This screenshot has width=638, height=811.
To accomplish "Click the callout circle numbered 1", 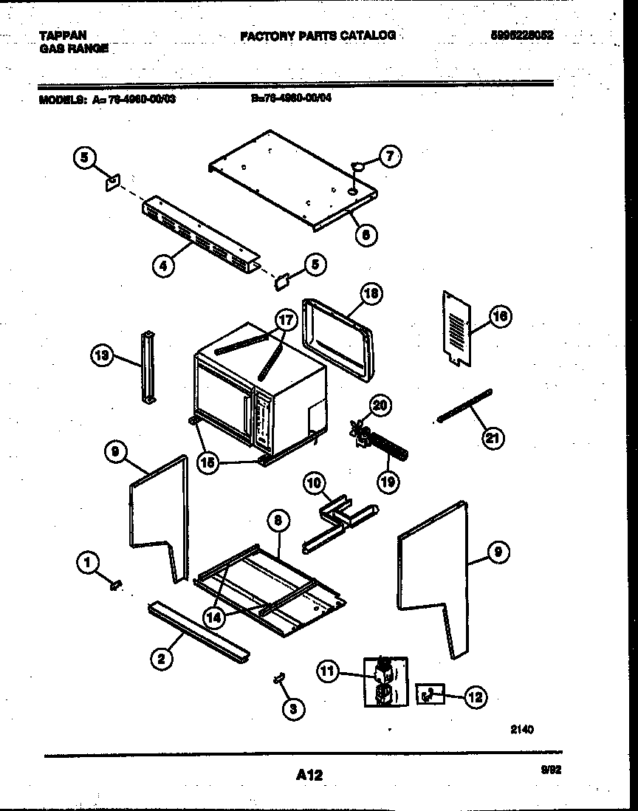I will pyautogui.click(x=87, y=564).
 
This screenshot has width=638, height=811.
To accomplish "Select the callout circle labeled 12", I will pyautogui.click(x=475, y=696).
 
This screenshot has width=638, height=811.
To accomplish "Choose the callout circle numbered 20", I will pyautogui.click(x=380, y=405).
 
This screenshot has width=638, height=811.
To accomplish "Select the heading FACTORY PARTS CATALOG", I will pyautogui.click(x=318, y=35).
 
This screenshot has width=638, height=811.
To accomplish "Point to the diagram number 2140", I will pyautogui.click(x=521, y=729).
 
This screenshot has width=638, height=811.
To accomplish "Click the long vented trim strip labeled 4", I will pyautogui.click(x=199, y=234).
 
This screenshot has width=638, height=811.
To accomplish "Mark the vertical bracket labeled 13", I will pyautogui.click(x=149, y=367).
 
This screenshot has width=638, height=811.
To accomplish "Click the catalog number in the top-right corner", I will pyautogui.click(x=522, y=35).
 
